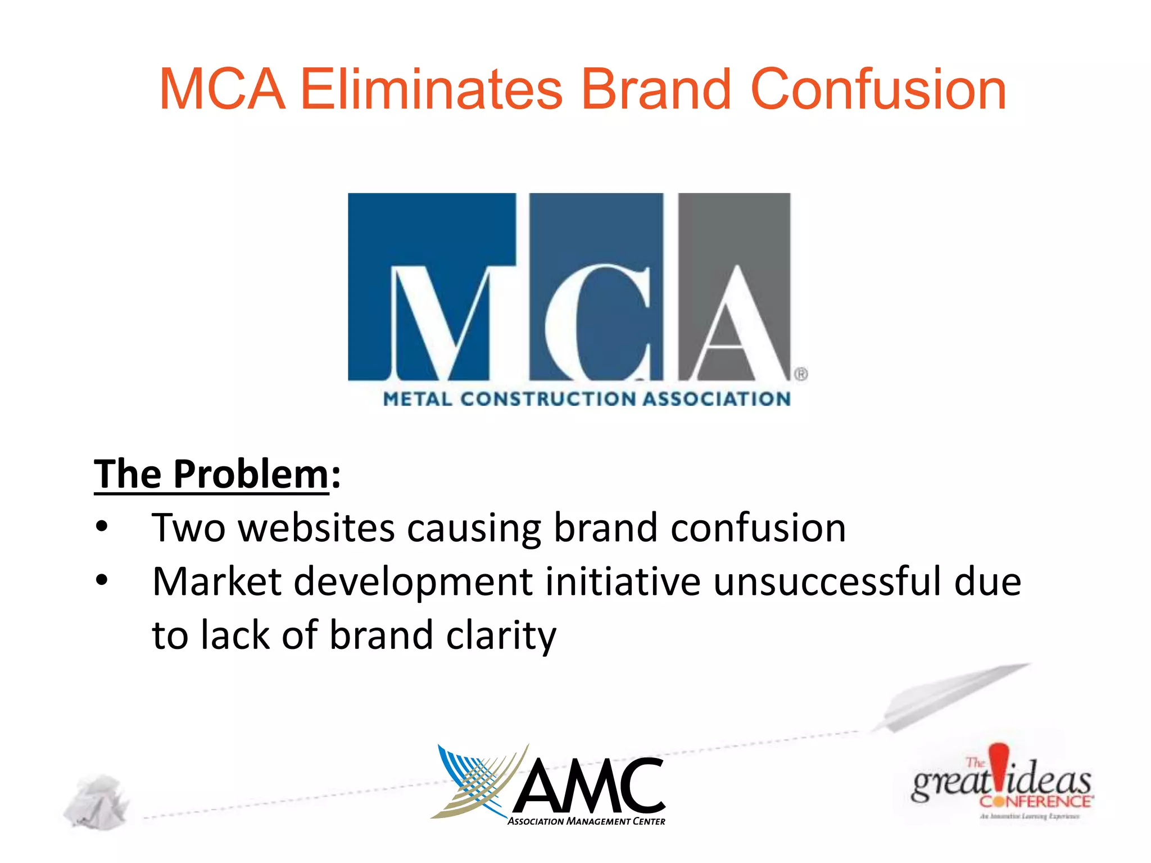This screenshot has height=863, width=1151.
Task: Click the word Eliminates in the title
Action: click(x=431, y=90)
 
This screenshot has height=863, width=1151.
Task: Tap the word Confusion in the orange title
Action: click(x=878, y=90)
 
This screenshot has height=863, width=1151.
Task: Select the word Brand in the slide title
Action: click(x=655, y=90)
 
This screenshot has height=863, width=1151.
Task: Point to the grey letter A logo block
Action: click(x=734, y=287)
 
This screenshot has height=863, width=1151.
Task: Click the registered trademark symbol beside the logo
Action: click(x=801, y=374)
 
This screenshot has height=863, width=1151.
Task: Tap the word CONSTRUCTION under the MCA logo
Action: click(x=548, y=399)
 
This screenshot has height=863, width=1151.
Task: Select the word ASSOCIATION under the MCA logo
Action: click(x=717, y=399)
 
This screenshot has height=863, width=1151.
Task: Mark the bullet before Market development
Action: click(x=102, y=580)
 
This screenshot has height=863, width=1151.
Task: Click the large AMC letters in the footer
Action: click(x=590, y=787)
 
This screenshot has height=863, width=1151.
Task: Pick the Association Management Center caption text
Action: click(x=586, y=821)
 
